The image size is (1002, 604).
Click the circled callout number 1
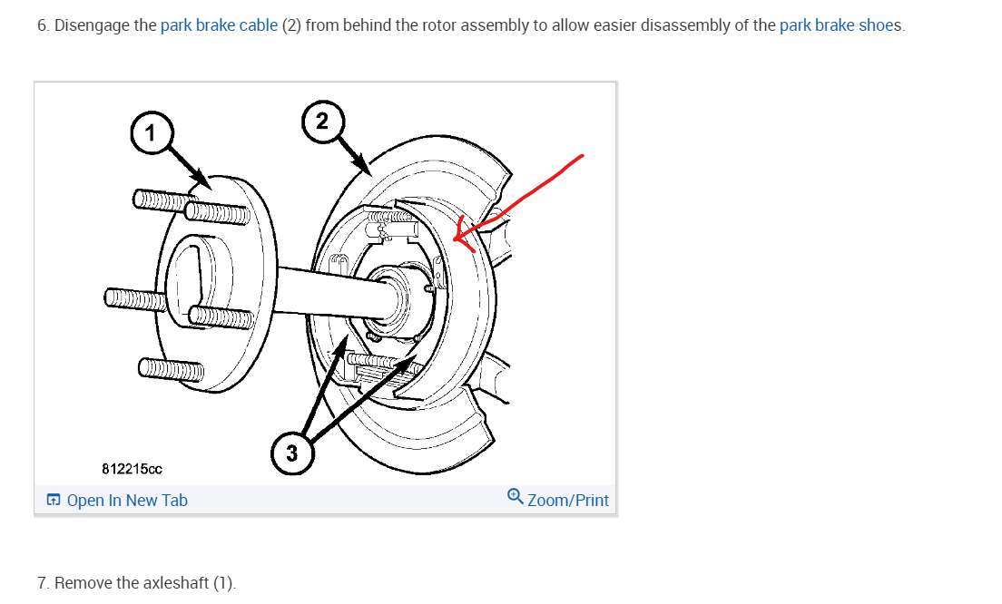tap(151, 133)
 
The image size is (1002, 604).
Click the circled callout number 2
tap(322, 120)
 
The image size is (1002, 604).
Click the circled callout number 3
tap(291, 453)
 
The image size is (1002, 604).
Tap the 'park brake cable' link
tap(219, 25)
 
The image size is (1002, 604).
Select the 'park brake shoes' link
tap(840, 25)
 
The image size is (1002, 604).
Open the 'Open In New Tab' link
tap(127, 501)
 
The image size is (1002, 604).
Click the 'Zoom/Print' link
tap(567, 501)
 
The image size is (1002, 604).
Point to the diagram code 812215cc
tap(133, 469)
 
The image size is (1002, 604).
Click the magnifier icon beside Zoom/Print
tap(515, 497)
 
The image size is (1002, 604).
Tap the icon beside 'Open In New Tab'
tap(54, 501)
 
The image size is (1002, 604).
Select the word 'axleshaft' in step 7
tap(176, 583)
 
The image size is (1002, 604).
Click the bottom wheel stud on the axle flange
tap(172, 368)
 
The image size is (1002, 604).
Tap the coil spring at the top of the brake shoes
tap(395, 219)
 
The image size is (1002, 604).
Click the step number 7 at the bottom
tap(43, 583)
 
